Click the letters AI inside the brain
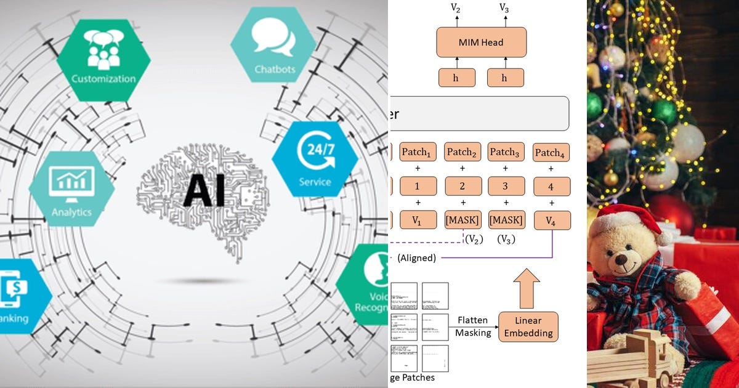pyautogui.click(x=203, y=190)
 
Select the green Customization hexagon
pyautogui.click(x=103, y=60)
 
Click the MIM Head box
pyautogui.click(x=481, y=42)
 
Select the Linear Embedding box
pyautogui.click(x=528, y=327)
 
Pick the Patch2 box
pyautogui.click(x=462, y=152)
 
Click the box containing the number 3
pyautogui.click(x=506, y=186)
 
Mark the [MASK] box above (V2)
pyautogui.click(x=462, y=220)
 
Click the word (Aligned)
pyautogui.click(x=416, y=258)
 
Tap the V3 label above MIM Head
pyautogui.click(x=504, y=8)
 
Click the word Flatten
pyautogui.click(x=473, y=320)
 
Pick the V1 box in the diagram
pyautogui.click(x=418, y=220)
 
